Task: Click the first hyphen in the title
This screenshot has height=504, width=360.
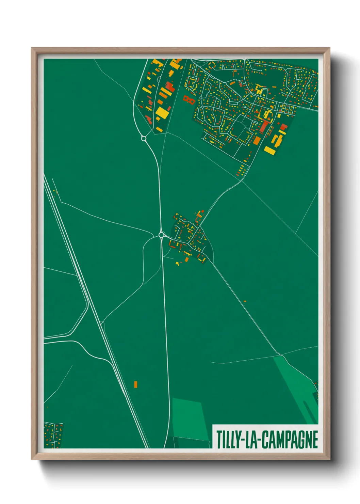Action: click(x=242, y=440)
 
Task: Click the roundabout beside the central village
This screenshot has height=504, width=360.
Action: click(x=161, y=235)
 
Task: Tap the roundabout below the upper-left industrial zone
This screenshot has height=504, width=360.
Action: click(x=144, y=139)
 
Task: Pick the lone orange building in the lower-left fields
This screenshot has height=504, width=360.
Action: click(x=135, y=384)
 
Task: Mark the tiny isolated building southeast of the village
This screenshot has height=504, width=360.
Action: click(x=245, y=301)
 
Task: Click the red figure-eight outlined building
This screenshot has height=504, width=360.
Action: click(x=189, y=100)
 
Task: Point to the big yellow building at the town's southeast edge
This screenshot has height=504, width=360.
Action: click(x=270, y=150)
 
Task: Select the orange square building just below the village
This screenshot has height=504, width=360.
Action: click(x=186, y=260)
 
